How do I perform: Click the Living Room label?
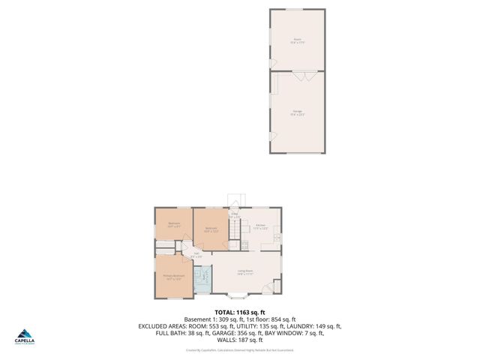[x=245, y=272]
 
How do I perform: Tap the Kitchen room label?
[x=260, y=226]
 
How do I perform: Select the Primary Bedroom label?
[x=174, y=277]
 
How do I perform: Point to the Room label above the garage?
[x=297, y=40]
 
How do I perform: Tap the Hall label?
[x=196, y=255]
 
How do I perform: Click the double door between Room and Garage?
[x=298, y=75]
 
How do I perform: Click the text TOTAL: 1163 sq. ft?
[x=240, y=312]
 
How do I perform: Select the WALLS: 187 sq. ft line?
[x=240, y=340]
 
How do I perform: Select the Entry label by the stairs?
[x=235, y=216]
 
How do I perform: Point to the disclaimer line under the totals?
[x=240, y=349]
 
